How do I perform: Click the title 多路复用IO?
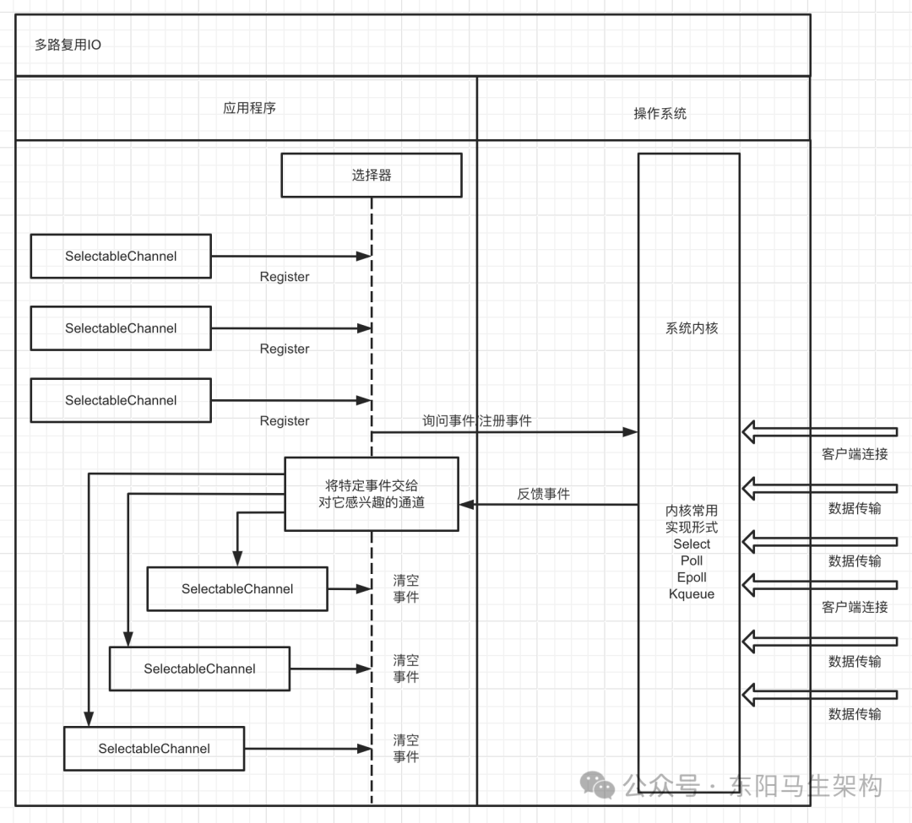click(x=68, y=45)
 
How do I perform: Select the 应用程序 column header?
click(x=249, y=108)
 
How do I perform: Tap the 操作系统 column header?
click(x=660, y=113)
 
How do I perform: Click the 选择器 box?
click(x=372, y=176)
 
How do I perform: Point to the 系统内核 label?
click(x=692, y=328)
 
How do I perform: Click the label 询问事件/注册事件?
click(x=477, y=420)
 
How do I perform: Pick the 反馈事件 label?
click(x=543, y=494)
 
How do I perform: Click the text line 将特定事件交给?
click(x=372, y=485)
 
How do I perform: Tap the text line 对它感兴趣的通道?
click(x=372, y=503)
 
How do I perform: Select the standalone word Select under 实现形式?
click(x=692, y=544)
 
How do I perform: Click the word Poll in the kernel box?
click(x=692, y=560)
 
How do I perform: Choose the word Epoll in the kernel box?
click(x=692, y=577)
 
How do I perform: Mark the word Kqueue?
click(x=692, y=594)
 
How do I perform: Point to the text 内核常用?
click(x=692, y=511)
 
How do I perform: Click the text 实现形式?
click(x=692, y=528)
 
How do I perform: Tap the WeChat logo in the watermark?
click(x=603, y=787)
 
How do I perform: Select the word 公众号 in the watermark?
click(x=661, y=786)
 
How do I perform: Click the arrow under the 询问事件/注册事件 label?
click(x=504, y=432)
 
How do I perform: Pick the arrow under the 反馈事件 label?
click(x=548, y=505)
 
